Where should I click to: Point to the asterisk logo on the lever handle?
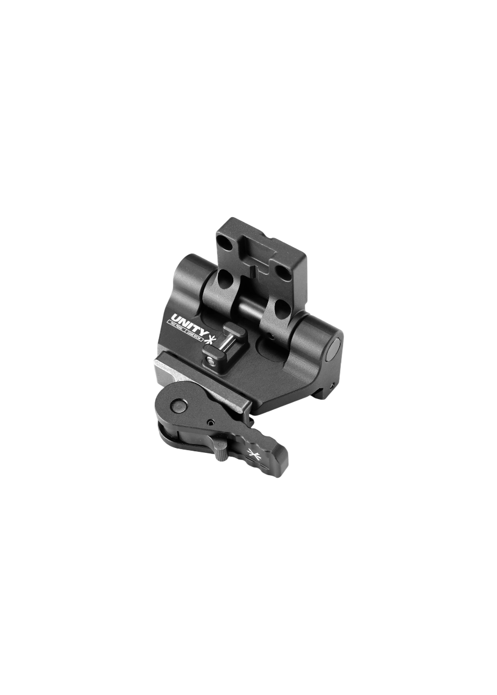[x=253, y=454]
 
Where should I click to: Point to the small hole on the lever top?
[x=209, y=421]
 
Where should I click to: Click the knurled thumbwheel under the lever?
[x=221, y=451]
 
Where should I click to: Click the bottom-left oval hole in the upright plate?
[x=224, y=281]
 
